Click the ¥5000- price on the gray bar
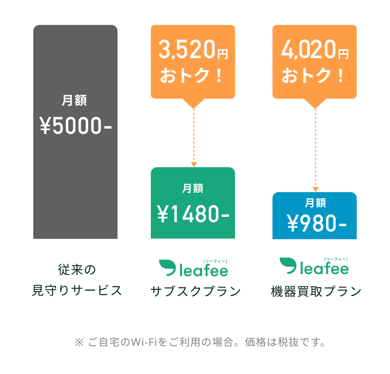[75, 127]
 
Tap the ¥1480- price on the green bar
[193, 215]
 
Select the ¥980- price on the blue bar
[316, 224]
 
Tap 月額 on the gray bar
[74, 100]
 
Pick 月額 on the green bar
[193, 189]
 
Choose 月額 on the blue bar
[315, 203]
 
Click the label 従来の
[76, 269]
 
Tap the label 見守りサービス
[77, 291]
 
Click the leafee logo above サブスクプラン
[194, 268]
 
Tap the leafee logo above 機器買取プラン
[315, 266]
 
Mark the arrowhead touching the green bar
[194, 164]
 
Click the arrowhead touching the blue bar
[315, 189]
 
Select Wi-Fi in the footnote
[144, 342]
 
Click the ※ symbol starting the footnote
[79, 342]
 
